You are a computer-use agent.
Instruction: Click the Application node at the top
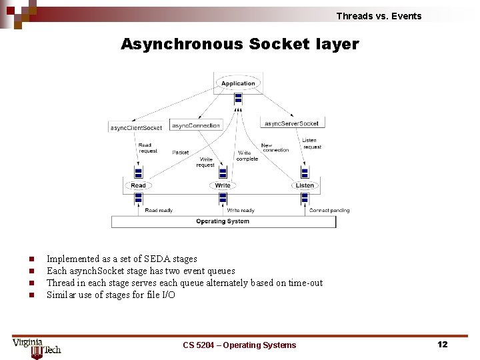[x=238, y=83]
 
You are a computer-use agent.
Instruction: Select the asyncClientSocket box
[x=136, y=127]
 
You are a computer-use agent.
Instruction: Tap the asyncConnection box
[x=196, y=125]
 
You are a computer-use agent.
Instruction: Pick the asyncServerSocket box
[x=291, y=123]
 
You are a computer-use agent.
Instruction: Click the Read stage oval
[x=138, y=185]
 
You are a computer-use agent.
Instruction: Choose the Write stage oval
[x=223, y=185]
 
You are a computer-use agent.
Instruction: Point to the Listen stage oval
[x=305, y=185]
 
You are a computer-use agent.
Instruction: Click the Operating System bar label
[x=223, y=221]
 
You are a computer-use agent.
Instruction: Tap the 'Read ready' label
[x=159, y=211]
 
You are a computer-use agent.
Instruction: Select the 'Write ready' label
[x=241, y=211]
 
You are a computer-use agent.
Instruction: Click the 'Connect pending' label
[x=329, y=211]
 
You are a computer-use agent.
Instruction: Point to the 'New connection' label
[x=275, y=147]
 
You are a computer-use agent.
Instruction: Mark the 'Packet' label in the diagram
[x=181, y=153]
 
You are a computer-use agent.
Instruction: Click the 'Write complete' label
[x=247, y=156]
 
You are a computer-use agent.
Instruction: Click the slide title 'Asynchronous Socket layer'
[x=239, y=45]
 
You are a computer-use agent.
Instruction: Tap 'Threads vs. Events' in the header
[x=379, y=16]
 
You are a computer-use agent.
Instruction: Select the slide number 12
[x=442, y=344]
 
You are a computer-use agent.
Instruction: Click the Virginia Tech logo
[x=37, y=347]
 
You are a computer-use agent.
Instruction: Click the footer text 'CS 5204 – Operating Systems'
[x=239, y=345]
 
